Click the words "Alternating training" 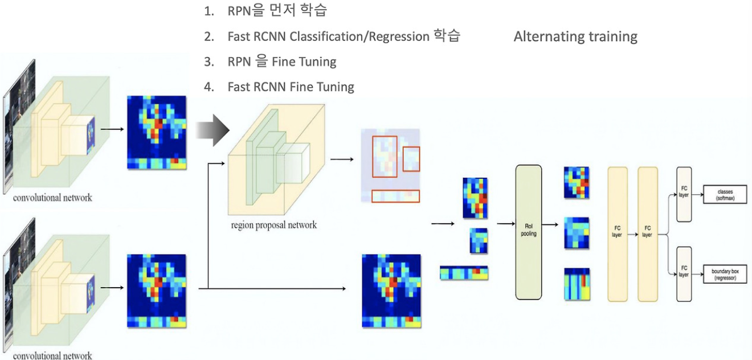click(x=575, y=37)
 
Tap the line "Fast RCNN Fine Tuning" click(x=291, y=87)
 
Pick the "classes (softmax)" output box click(x=725, y=194)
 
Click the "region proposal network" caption click(x=273, y=225)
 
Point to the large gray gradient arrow click(x=212, y=130)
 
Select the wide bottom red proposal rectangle click(x=395, y=196)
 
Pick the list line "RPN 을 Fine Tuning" click(x=281, y=62)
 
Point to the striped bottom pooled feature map click(x=577, y=284)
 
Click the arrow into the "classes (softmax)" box click(x=697, y=194)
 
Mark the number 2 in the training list click(x=209, y=37)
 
